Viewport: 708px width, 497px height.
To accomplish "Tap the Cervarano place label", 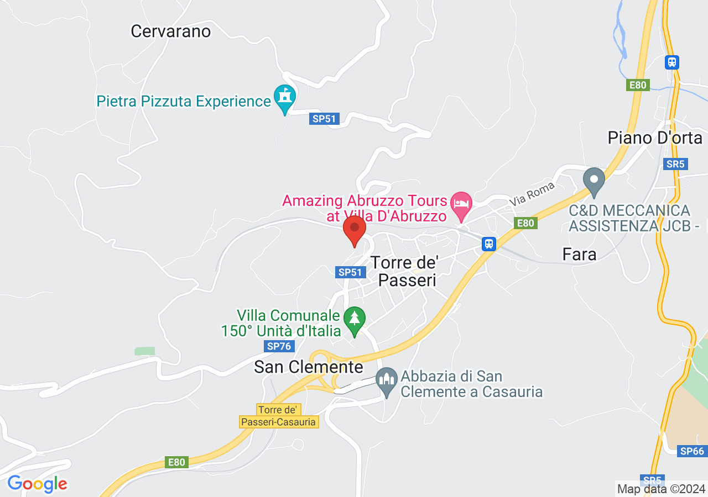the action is pyautogui.click(x=170, y=31).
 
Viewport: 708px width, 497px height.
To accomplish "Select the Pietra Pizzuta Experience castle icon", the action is pyautogui.click(x=285, y=98).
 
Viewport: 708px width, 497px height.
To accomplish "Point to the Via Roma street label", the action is pyautogui.click(x=532, y=194).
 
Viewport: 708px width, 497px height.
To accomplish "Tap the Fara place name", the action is pyautogui.click(x=579, y=254).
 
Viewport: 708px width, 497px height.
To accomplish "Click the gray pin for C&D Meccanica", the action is pyautogui.click(x=595, y=180).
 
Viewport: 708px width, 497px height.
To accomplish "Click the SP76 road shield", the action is pyautogui.click(x=278, y=346).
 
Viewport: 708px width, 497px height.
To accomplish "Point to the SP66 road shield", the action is pyautogui.click(x=692, y=451).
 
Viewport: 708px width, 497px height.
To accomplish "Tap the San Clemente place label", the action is pyautogui.click(x=309, y=367).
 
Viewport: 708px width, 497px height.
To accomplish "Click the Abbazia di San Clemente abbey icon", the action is pyautogui.click(x=387, y=379).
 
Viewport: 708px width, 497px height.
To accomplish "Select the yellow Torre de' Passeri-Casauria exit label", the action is pyautogui.click(x=279, y=416).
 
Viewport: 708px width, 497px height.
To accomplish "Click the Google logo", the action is pyautogui.click(x=37, y=484).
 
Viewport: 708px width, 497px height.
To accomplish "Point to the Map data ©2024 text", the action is pyautogui.click(x=661, y=489).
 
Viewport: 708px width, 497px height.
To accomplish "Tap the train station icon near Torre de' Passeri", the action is pyautogui.click(x=488, y=244).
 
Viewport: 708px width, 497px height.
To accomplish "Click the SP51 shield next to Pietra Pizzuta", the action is pyautogui.click(x=323, y=119).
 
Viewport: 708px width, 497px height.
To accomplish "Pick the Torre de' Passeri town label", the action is pyautogui.click(x=404, y=271).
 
